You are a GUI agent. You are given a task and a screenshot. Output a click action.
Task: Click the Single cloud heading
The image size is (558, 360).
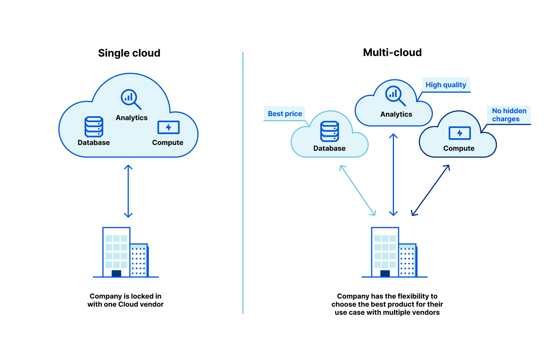(129, 53)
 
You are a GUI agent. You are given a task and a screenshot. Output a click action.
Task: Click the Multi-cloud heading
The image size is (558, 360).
(392, 52)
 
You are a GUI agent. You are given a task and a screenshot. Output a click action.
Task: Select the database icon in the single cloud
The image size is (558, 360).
(94, 127)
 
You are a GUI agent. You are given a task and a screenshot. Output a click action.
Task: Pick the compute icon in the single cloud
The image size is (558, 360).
(168, 127)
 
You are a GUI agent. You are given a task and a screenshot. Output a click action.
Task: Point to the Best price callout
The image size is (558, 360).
(285, 114)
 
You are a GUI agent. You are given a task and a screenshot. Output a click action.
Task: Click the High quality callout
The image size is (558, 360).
(446, 85)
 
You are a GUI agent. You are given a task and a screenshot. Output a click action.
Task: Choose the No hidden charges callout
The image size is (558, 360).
(509, 115)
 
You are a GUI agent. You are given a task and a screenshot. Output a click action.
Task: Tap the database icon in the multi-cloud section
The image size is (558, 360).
(330, 131)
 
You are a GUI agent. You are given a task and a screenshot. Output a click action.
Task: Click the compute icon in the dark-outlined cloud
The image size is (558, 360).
(459, 133)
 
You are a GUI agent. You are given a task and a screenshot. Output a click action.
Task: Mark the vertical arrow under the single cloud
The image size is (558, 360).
(128, 191)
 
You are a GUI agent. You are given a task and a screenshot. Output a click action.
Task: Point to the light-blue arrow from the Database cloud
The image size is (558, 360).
(357, 190)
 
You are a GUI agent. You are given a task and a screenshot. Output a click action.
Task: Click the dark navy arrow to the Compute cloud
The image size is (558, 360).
(430, 190)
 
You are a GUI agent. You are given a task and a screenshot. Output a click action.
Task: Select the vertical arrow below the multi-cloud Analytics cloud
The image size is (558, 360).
(393, 174)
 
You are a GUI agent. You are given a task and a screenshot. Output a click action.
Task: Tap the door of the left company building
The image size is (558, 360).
(116, 273)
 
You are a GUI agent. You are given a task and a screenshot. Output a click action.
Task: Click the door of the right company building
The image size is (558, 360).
(385, 273)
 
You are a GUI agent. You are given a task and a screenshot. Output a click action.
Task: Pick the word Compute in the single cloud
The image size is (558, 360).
(168, 142)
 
